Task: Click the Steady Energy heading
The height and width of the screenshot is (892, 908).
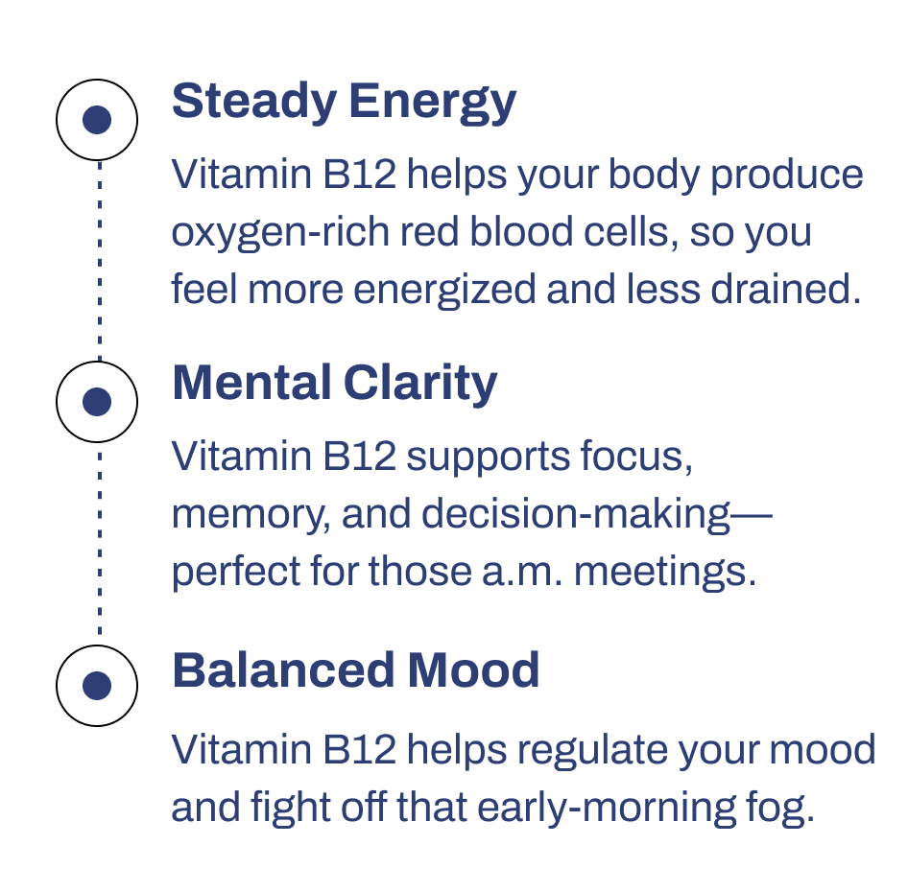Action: (x=344, y=102)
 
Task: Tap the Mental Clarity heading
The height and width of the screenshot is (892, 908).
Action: (x=334, y=383)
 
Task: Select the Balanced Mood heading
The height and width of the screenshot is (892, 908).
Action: (x=355, y=670)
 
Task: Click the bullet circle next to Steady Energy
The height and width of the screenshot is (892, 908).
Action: (x=97, y=121)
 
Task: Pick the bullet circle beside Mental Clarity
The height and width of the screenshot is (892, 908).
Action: (x=97, y=402)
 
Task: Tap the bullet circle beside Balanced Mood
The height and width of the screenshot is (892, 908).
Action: (x=97, y=686)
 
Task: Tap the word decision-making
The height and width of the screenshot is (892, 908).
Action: (x=575, y=516)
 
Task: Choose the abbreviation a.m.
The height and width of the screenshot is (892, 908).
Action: (x=523, y=573)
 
